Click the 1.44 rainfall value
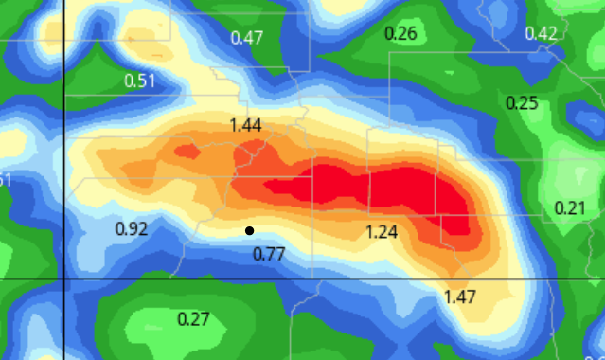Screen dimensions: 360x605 click(x=245, y=125)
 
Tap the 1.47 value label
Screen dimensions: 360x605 click(x=460, y=297)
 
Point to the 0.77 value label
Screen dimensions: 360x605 click(x=269, y=253)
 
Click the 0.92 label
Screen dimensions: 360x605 click(x=131, y=228)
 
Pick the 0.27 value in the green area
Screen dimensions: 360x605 click(x=193, y=317)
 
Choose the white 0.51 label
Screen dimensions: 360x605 click(x=140, y=81)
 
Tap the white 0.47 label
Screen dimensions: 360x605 click(x=247, y=39)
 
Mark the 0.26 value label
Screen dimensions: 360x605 click(x=400, y=34)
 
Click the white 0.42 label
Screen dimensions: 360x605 click(x=541, y=33)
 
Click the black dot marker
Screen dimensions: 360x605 click(x=249, y=230)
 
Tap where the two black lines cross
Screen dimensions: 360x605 click(x=63, y=279)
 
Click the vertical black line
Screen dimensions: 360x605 click(x=63, y=142)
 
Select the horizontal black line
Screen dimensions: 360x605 click(x=331, y=279)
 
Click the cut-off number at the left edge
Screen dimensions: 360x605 click(x=5, y=181)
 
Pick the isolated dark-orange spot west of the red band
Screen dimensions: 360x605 click(x=186, y=150)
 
